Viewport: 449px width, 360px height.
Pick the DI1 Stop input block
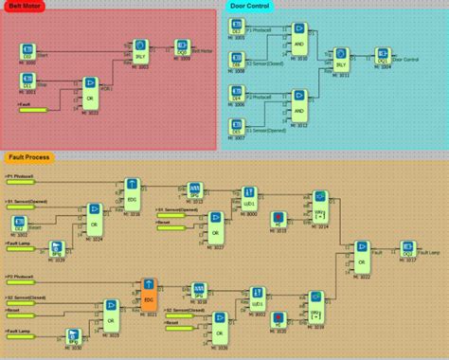[x=28, y=82]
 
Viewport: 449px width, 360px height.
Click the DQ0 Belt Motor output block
[x=181, y=45]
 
